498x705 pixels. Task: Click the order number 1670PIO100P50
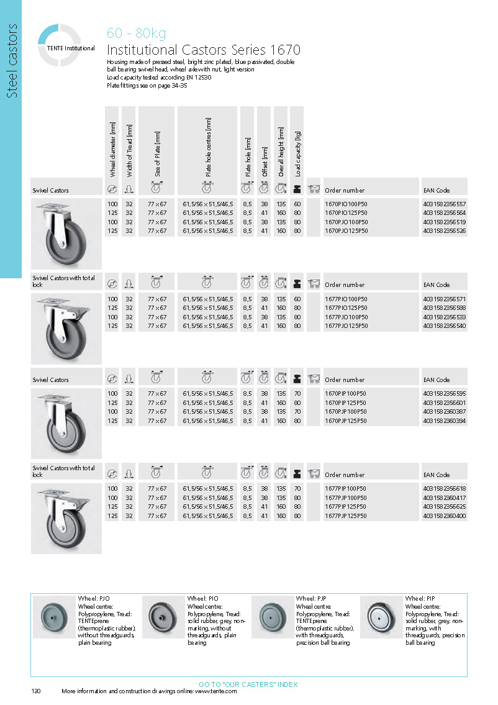pos(346,204)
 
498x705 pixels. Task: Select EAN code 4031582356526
pos(444,231)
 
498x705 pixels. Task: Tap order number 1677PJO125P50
pos(346,326)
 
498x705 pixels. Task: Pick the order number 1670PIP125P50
pos(346,403)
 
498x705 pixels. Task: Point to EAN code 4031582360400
pos(444,516)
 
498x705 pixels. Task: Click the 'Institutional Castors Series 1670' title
pos(204,50)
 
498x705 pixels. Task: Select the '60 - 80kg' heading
pos(136,34)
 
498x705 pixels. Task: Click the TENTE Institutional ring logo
pos(60,44)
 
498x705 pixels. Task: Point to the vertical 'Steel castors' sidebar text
pos(11,61)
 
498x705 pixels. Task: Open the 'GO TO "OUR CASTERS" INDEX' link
pos(248,685)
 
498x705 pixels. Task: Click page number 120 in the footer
pos(36,692)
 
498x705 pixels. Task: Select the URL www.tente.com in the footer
pos(216,692)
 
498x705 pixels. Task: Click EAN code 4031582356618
pos(444,489)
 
